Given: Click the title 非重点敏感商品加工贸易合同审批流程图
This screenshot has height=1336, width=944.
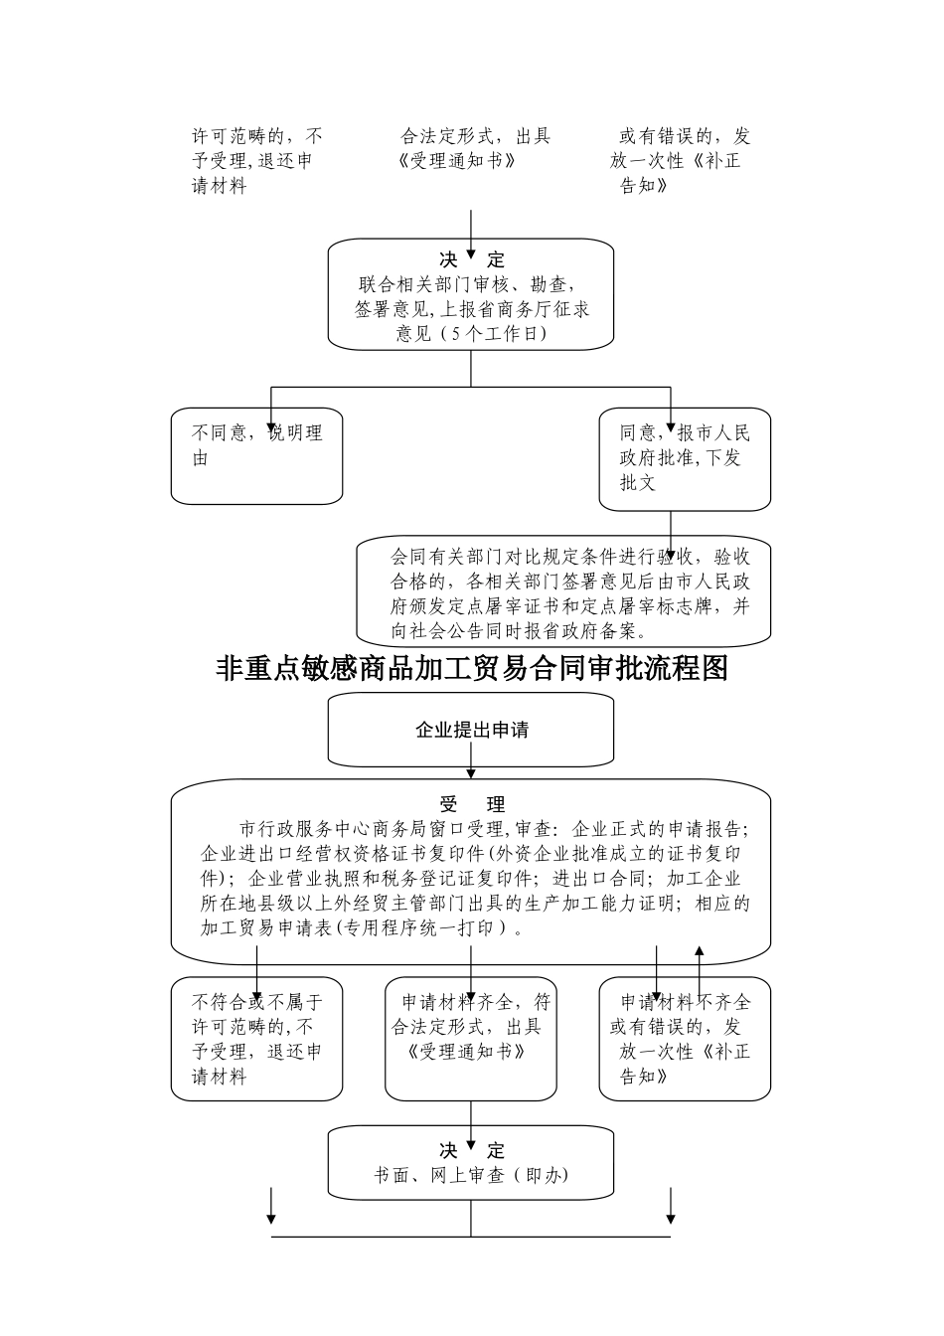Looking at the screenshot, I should (x=472, y=668).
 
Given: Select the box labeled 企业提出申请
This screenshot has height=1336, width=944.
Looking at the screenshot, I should (x=471, y=730).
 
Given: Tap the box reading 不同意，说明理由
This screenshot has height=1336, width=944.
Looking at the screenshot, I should (x=256, y=456).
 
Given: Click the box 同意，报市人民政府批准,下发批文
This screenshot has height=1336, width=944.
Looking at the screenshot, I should (x=685, y=458).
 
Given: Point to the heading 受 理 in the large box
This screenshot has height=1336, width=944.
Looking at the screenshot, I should (x=472, y=804).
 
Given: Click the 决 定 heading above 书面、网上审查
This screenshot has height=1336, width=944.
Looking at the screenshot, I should (x=472, y=1150).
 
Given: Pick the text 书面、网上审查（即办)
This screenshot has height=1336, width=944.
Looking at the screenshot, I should (x=471, y=1175).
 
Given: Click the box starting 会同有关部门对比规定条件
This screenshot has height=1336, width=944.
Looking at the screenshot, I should (x=564, y=592).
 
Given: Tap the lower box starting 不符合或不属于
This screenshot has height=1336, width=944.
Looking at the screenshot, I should (x=256, y=1039).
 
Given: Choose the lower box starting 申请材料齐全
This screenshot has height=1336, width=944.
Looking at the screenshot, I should (x=471, y=1039).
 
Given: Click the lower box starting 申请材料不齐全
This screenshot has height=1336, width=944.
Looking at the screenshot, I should (x=685, y=1039).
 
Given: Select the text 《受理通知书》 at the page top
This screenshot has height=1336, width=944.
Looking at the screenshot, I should (x=456, y=161).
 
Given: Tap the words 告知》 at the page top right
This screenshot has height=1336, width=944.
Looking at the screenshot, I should (x=643, y=186).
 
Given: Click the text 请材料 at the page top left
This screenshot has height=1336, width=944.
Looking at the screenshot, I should (x=219, y=186).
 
